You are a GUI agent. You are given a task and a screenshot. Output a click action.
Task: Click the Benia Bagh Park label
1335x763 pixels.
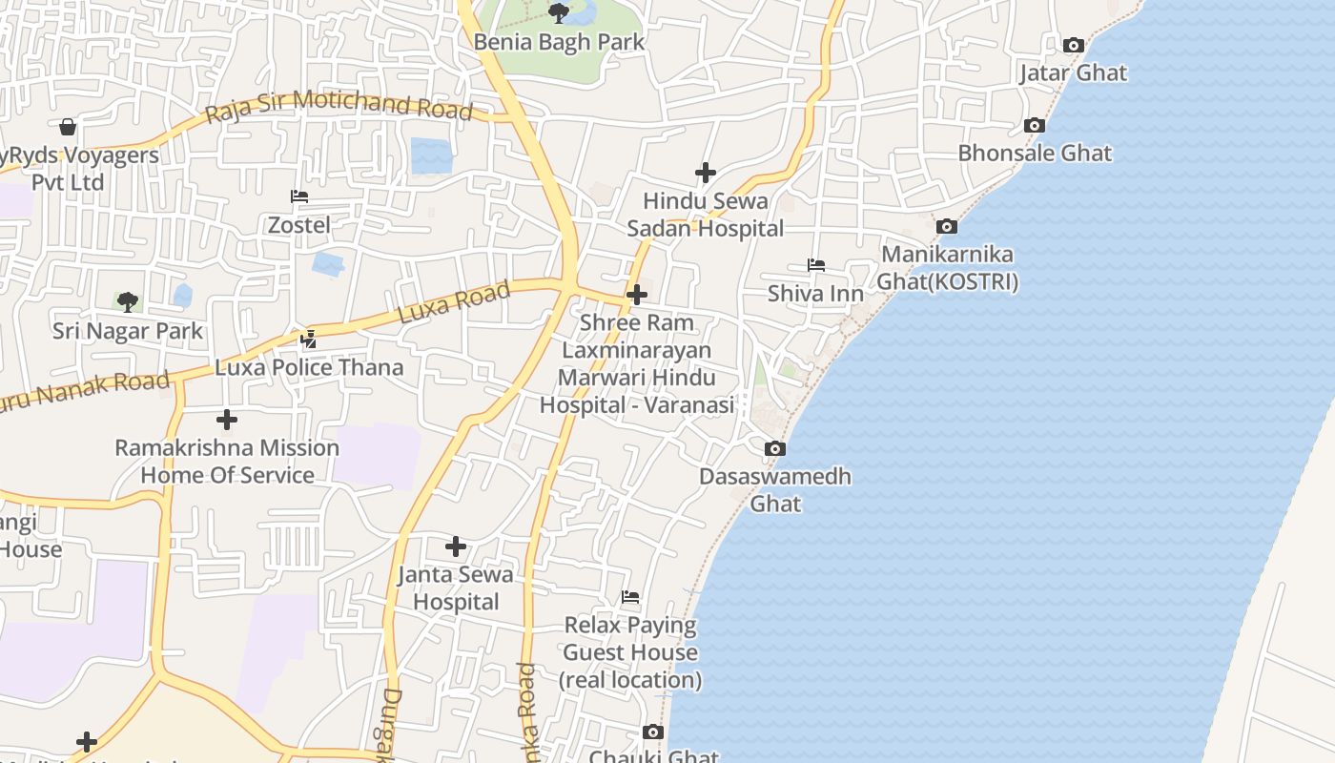pos(559,42)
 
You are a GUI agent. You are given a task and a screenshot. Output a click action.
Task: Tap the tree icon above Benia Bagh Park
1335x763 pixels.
pos(559,12)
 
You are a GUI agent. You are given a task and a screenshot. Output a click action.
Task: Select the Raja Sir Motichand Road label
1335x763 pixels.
pos(339,105)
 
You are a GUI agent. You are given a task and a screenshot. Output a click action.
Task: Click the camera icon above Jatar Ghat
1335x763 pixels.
pos(1074,45)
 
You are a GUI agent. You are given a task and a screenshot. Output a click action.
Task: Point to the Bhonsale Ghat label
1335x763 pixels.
pos(1035,153)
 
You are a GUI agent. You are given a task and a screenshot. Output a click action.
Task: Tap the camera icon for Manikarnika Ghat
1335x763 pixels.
pos(946,226)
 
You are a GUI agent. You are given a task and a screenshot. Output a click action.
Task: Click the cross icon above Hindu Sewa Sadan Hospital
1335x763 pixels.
pos(706,173)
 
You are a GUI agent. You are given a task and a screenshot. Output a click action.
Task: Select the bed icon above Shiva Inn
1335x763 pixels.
pos(816,265)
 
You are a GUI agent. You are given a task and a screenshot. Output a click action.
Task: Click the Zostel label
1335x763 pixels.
pos(299,225)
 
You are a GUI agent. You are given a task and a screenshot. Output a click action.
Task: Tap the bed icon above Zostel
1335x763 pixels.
pos(299,196)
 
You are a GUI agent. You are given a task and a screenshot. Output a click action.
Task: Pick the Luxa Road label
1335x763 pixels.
pos(454,302)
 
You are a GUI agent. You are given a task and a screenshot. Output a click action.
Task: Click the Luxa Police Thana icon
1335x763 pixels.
pos(308,339)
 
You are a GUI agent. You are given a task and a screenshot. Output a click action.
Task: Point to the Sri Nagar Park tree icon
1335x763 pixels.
pos(128,302)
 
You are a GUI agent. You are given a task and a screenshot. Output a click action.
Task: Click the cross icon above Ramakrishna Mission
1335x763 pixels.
pos(227,420)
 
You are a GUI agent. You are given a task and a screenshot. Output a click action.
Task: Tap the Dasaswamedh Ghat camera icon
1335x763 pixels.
pos(775,448)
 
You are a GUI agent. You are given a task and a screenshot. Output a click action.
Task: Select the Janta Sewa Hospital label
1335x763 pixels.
pos(456,588)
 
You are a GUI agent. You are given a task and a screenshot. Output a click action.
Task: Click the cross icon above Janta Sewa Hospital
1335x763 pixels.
pos(456,546)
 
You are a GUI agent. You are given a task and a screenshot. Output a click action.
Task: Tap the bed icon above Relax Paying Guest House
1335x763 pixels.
pos(630,597)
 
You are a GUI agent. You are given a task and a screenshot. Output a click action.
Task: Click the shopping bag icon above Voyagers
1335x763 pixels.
pos(68,127)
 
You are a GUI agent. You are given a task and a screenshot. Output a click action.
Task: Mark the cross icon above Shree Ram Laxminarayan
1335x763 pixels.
pos(637,295)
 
